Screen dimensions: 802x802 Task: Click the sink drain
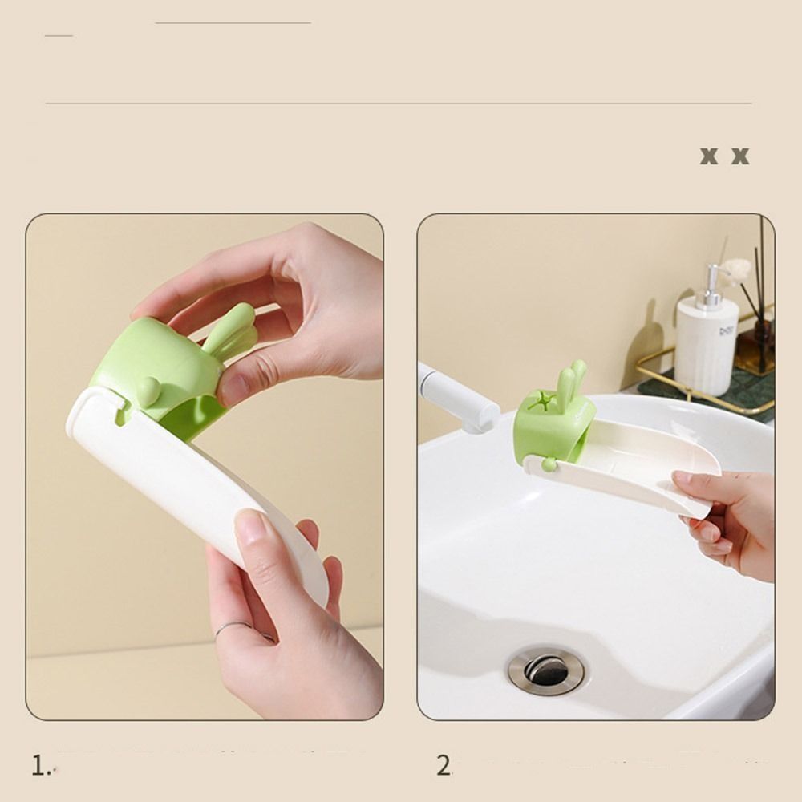(x=546, y=669)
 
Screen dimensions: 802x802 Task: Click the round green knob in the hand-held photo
(x=148, y=390)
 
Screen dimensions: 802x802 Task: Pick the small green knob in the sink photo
(x=548, y=464)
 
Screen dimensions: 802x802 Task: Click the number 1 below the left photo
(x=40, y=766)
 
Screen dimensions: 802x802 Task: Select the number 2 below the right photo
(x=444, y=766)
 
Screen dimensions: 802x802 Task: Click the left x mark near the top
(x=708, y=156)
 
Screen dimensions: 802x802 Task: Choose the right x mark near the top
(x=739, y=156)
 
